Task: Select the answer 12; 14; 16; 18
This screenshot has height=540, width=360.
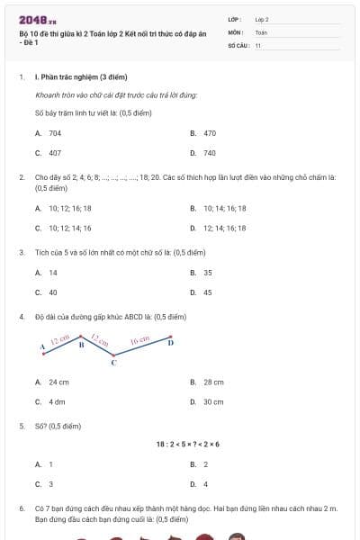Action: [225, 228]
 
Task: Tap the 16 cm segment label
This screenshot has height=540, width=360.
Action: [139, 341]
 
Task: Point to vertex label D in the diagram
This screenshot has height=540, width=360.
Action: [171, 343]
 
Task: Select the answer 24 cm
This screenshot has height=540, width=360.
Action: [59, 382]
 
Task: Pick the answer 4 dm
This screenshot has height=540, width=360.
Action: [57, 402]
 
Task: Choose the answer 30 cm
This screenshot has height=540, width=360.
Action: [213, 402]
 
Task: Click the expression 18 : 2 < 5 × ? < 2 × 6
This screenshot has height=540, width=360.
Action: [187, 444]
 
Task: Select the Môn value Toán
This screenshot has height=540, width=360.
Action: [262, 31]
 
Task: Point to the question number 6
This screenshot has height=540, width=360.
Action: [22, 508]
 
